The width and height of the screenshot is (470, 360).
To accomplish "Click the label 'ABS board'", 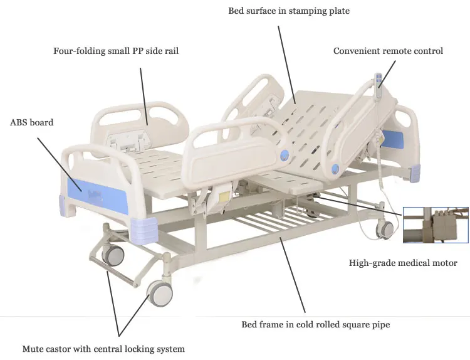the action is pyautogui.click(x=31, y=122).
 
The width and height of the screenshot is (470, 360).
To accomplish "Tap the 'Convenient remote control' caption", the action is pyautogui.click(x=388, y=51).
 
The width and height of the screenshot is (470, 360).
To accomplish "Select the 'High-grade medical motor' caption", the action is pyautogui.click(x=403, y=263).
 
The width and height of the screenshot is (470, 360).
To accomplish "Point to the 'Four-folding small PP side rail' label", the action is pyautogui.click(x=116, y=51).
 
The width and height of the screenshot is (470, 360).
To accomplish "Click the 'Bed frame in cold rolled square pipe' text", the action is pyautogui.click(x=316, y=324).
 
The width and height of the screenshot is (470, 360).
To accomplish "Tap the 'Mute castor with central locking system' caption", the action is pyautogui.click(x=103, y=349).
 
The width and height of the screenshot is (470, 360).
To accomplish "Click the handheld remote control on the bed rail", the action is pyautogui.click(x=379, y=84).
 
